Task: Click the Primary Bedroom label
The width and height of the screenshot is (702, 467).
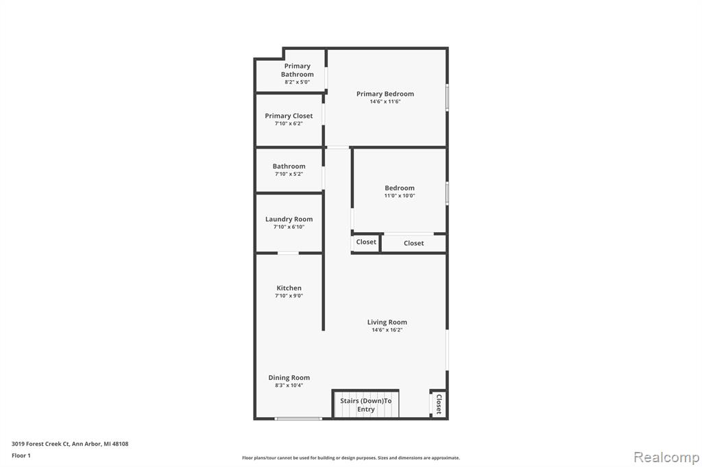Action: pos(385,94)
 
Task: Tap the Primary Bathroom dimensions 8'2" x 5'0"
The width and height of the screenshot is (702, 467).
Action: pos(298,82)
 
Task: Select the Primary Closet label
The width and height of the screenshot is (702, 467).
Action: pos(289,116)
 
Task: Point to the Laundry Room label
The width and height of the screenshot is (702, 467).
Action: pos(289,219)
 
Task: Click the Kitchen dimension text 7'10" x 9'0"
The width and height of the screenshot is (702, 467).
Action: pos(289,296)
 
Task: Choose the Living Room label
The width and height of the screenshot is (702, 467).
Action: pos(387,322)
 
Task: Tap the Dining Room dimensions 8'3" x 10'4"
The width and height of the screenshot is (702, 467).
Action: pos(289,385)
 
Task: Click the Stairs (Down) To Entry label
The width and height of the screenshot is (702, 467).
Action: pos(366,405)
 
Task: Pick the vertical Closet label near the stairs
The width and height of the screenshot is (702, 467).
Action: pos(439,404)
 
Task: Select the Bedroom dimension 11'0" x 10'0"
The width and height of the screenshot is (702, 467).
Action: pos(400,195)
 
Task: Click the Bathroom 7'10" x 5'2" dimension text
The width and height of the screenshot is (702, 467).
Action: pos(289,174)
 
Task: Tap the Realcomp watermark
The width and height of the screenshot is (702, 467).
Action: pos(666,457)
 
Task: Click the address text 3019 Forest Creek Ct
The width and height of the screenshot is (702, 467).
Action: pos(40,444)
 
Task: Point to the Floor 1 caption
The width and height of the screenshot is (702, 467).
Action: pos(21,455)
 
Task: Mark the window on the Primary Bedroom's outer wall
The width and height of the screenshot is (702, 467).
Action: pos(447,97)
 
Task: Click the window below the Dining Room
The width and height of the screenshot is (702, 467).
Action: pos(298,418)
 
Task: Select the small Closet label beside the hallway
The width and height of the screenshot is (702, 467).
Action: pos(366,242)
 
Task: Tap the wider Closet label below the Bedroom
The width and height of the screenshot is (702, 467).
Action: pos(413,243)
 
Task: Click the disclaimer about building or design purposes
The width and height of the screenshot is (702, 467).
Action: pos(351,458)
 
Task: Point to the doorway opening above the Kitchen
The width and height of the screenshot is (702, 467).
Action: pos(289,253)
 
